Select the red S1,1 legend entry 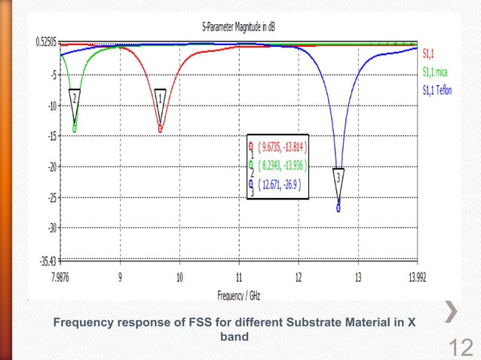point(427,53)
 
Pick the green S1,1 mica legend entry point(435,72)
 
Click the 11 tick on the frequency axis point(238,276)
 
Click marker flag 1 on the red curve point(160,97)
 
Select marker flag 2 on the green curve point(75,97)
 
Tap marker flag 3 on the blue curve point(339,178)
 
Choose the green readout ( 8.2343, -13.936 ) point(283,165)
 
